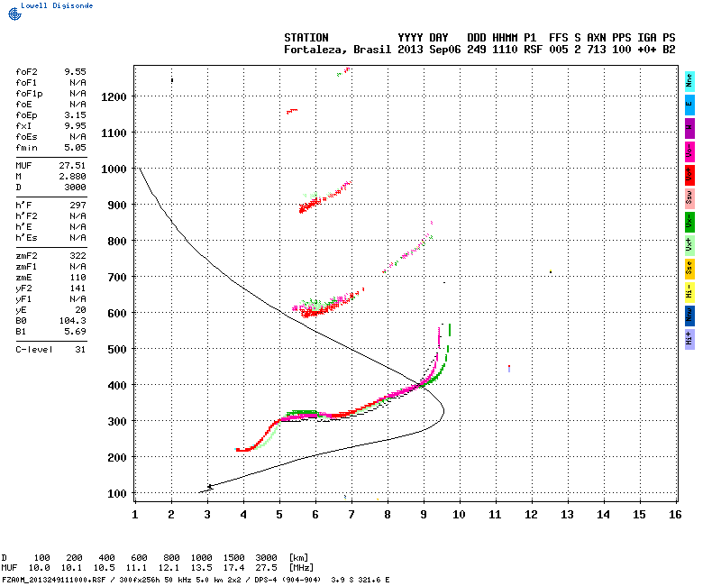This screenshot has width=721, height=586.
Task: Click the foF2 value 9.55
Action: [x=75, y=70]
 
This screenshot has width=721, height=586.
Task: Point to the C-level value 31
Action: [x=80, y=348]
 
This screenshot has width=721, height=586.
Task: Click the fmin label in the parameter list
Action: [x=25, y=147]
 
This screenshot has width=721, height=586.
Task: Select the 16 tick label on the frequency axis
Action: [x=675, y=514]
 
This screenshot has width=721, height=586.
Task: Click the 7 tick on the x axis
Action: [x=351, y=514]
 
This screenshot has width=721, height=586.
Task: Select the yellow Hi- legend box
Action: [x=689, y=291]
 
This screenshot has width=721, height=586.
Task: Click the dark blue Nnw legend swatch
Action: [x=689, y=315]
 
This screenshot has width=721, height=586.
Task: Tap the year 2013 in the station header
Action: [x=411, y=50]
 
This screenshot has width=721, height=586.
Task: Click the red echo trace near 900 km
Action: [x=309, y=206]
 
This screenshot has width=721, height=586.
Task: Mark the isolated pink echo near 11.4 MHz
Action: [x=509, y=368]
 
